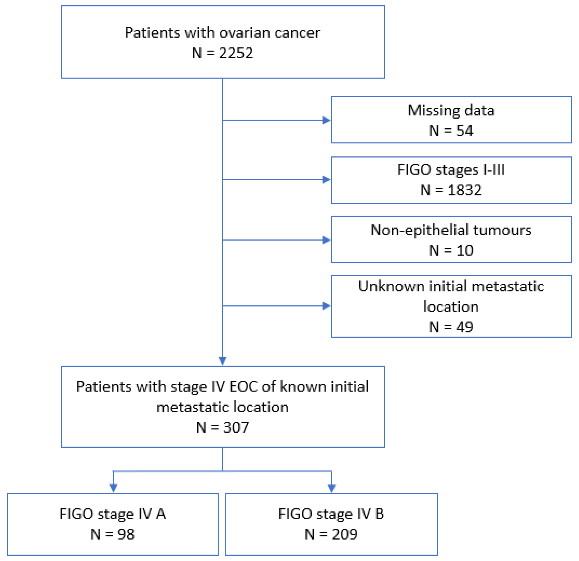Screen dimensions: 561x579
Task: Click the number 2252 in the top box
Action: coord(236,53)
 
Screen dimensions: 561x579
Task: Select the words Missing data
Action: coord(451,110)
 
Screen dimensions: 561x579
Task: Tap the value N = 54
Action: coord(451,131)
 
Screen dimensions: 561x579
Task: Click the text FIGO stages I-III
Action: coord(451,170)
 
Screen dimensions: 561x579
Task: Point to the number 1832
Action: coord(465,190)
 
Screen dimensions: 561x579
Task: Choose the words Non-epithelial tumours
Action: coord(451,230)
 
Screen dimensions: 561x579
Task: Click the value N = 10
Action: coord(451,251)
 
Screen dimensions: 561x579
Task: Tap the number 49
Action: coord(465,327)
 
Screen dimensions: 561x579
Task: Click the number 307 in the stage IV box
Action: coord(236,427)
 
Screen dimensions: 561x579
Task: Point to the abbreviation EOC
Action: coord(243,387)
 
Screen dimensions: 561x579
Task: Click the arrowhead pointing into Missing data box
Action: coord(326,120)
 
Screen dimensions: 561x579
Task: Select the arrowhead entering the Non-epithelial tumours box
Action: coord(326,240)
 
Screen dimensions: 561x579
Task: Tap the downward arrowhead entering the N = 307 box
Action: coord(222,361)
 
